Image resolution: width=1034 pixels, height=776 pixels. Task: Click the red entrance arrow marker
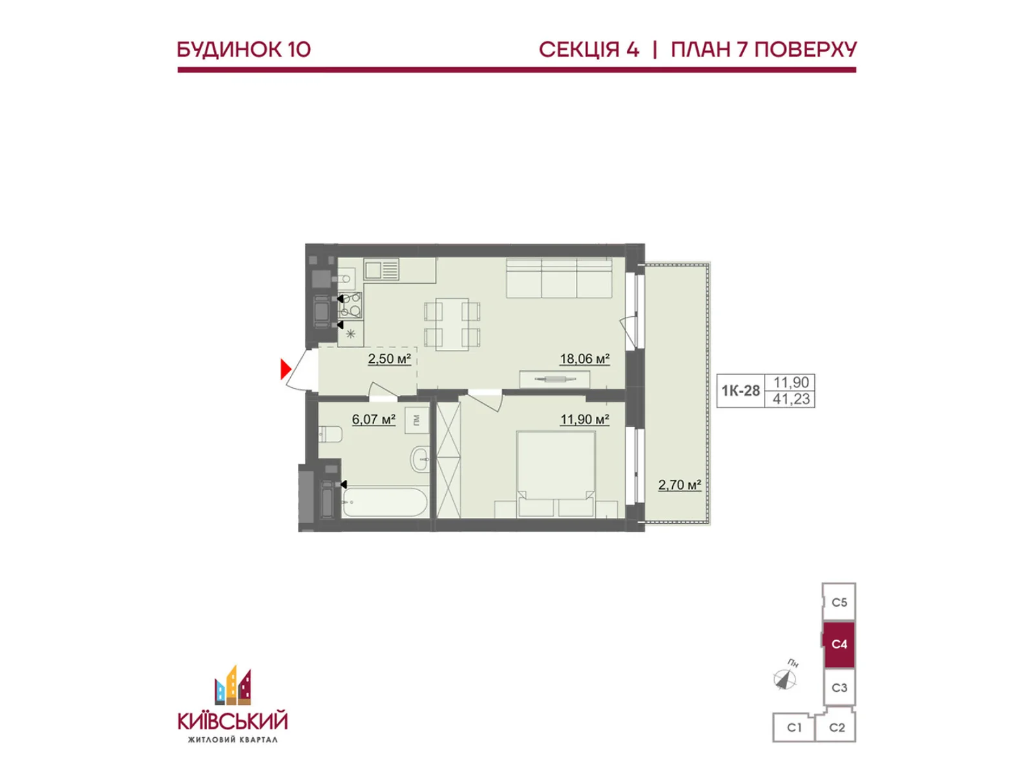point(285,369)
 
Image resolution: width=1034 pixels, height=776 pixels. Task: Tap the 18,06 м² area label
point(584,359)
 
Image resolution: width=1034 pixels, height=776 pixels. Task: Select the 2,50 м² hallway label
point(389,359)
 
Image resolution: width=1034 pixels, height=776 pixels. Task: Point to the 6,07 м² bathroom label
point(374,419)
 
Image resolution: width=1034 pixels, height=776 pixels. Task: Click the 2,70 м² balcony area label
point(680,484)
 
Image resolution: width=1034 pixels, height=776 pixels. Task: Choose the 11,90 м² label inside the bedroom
point(584,419)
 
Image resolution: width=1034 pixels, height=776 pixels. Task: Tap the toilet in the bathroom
point(330,434)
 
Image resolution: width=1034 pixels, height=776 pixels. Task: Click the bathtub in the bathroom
point(385,502)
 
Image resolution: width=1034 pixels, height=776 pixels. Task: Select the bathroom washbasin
point(419,458)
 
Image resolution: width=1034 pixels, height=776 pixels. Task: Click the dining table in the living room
point(452,324)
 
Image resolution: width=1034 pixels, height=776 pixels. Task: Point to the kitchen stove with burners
point(350,305)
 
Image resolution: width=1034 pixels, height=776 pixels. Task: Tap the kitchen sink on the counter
point(381,270)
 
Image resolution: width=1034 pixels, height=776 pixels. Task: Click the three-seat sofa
point(559,277)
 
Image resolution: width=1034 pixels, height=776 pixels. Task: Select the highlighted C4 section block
point(838,645)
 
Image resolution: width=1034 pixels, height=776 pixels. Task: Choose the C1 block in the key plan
point(794,728)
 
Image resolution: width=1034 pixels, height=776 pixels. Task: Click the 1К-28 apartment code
point(741,391)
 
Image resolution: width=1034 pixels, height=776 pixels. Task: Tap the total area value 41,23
point(791,399)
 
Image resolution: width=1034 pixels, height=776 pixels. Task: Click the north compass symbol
point(785,678)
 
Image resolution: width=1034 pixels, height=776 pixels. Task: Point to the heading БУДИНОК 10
point(244,50)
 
